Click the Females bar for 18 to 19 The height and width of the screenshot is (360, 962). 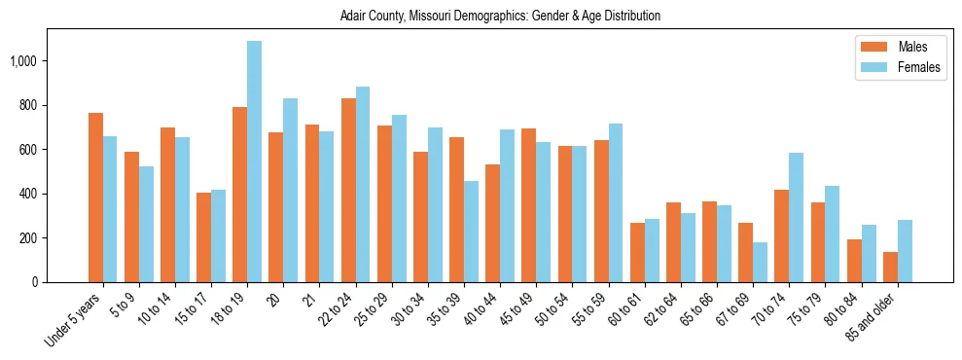click(254, 162)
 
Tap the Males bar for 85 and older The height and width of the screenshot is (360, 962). click(890, 267)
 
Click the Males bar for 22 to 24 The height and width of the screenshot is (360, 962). click(348, 190)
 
